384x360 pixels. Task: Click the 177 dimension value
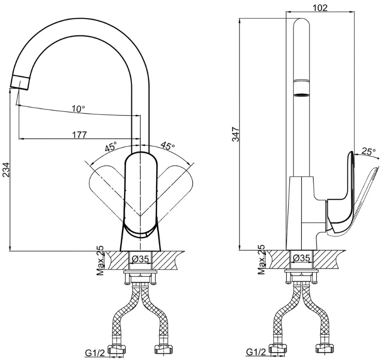pos(79,135)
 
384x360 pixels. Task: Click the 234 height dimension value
pos(6,170)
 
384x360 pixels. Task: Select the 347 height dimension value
pos(236,134)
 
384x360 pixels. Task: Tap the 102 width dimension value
pos(320,8)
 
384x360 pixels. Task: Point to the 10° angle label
pos(78,108)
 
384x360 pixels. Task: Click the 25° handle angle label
pos(368,151)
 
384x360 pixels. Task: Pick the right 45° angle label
pos(168,146)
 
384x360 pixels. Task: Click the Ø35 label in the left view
pos(140,259)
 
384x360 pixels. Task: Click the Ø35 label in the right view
pos(301,258)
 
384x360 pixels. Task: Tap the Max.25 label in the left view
pos(100,260)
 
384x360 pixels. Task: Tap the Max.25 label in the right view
pos(261,259)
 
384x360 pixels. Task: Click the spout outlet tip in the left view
pos(19,83)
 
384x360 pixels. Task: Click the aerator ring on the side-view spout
pos(301,95)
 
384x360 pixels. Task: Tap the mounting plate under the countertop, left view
pos(140,271)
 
